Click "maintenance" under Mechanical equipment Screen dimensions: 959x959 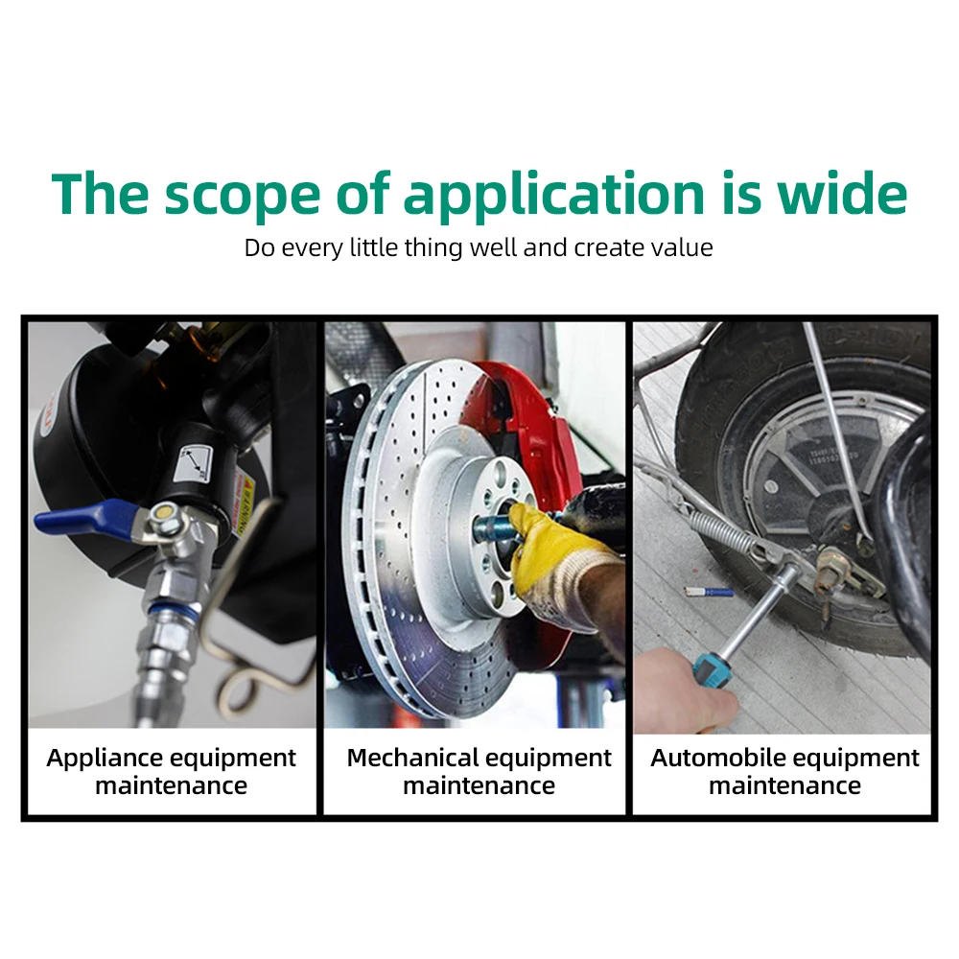point(479,786)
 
